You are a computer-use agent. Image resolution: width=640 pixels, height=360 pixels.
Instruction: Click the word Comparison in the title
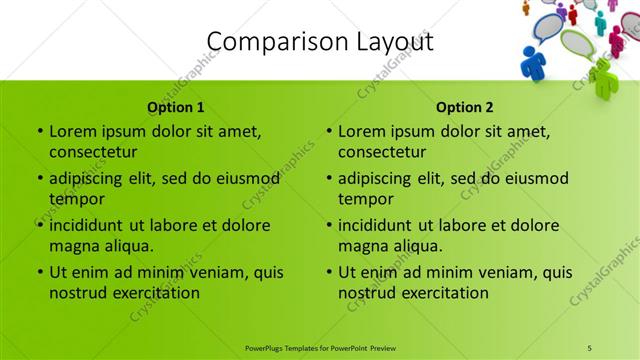point(267,42)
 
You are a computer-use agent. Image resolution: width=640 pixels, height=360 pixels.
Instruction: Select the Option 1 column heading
point(176,107)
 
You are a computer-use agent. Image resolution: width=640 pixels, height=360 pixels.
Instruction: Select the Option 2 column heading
point(465,107)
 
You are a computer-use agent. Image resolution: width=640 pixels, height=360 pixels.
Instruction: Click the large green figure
point(603,77)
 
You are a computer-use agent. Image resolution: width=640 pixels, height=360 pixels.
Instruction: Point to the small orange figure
point(526,8)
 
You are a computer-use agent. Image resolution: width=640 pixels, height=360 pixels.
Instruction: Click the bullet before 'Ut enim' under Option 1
point(39,272)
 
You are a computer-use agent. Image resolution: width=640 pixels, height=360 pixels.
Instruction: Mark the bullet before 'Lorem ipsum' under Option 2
point(328,131)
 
